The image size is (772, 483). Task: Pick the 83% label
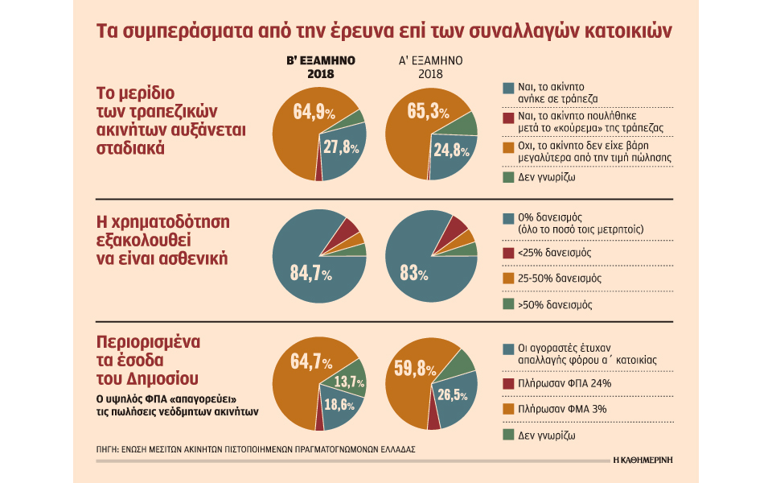point(412,274)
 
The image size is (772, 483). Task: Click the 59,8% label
point(415,369)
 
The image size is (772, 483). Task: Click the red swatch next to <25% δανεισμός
point(507,253)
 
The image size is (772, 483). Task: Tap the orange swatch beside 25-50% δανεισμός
point(507,278)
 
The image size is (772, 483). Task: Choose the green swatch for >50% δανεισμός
point(507,305)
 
